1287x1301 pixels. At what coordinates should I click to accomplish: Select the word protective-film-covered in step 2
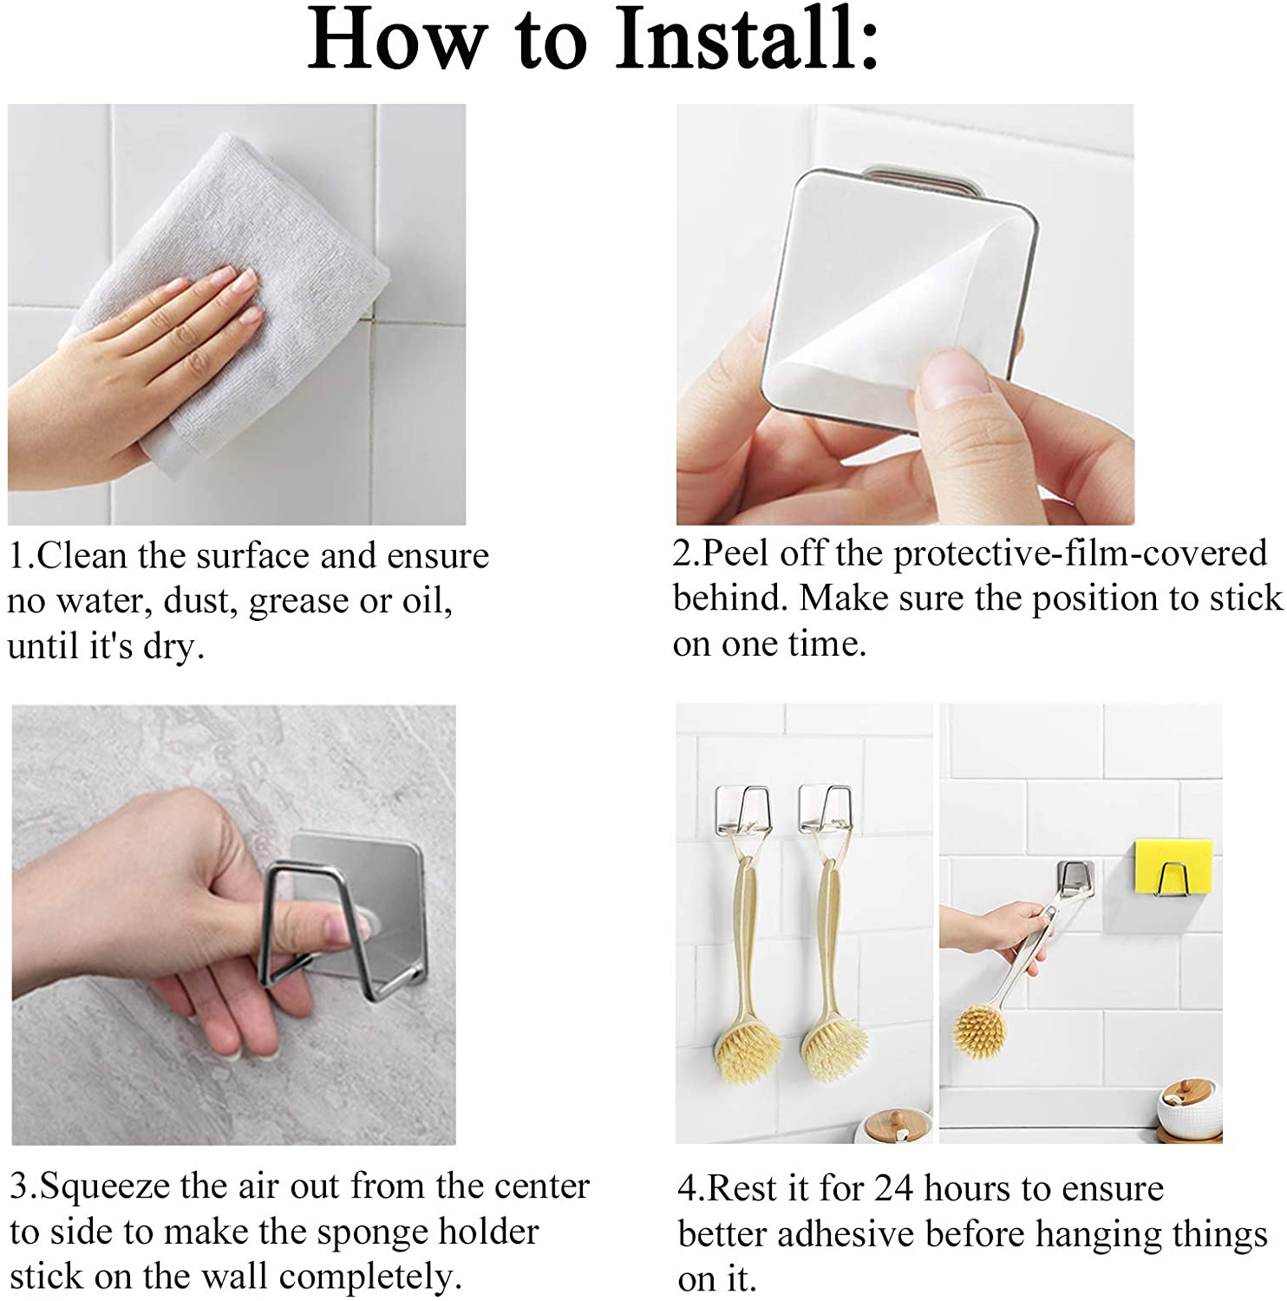point(1081,554)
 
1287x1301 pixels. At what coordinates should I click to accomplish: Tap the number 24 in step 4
point(894,1188)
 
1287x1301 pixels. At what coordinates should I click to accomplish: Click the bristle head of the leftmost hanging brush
point(748,1048)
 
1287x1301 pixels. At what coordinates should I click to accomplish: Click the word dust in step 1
point(196,600)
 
